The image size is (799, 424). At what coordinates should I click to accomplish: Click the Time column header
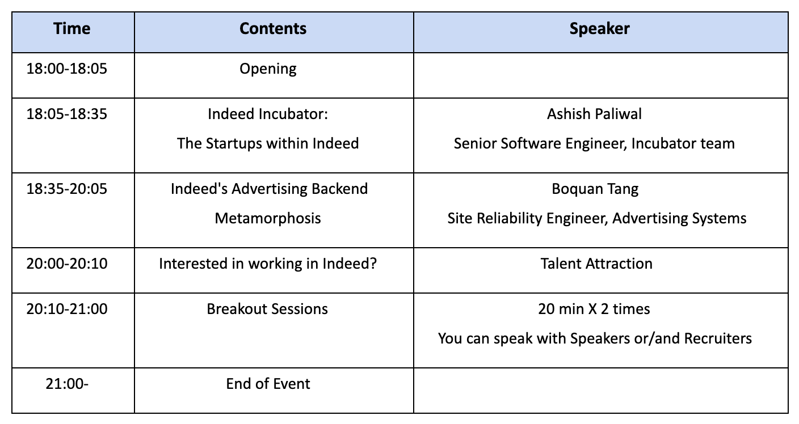pyautogui.click(x=72, y=28)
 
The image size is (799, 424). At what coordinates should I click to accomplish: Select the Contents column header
pyautogui.click(x=273, y=28)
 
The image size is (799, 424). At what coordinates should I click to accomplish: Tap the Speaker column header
pyautogui.click(x=600, y=29)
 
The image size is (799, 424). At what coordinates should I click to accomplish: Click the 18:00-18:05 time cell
pyautogui.click(x=67, y=69)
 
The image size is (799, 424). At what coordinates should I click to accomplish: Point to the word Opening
pyautogui.click(x=268, y=69)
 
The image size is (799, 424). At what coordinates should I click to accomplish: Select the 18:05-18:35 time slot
pyautogui.click(x=67, y=114)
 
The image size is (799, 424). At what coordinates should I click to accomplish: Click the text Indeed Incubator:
pyautogui.click(x=268, y=114)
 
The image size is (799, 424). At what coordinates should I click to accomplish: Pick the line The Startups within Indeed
pyautogui.click(x=268, y=143)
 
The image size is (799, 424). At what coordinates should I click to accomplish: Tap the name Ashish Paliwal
pyautogui.click(x=594, y=114)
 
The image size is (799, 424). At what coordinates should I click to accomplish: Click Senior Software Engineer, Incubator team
pyautogui.click(x=594, y=144)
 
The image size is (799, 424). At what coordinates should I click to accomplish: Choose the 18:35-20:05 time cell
pyautogui.click(x=67, y=189)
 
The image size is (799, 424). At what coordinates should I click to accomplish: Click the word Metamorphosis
pyautogui.click(x=268, y=218)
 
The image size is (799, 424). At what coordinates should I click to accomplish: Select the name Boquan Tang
pyautogui.click(x=595, y=189)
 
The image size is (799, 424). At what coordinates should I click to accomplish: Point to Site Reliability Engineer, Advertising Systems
pyautogui.click(x=597, y=219)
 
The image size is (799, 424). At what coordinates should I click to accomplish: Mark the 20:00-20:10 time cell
pyautogui.click(x=67, y=264)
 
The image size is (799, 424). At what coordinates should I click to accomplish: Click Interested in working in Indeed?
pyautogui.click(x=268, y=264)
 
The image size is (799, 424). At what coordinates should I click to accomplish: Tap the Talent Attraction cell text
pyautogui.click(x=596, y=264)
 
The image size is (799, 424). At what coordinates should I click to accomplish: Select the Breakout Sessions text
pyautogui.click(x=267, y=309)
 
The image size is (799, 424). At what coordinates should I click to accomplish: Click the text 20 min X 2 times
pyautogui.click(x=594, y=309)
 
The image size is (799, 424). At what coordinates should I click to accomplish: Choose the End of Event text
pyautogui.click(x=268, y=384)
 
